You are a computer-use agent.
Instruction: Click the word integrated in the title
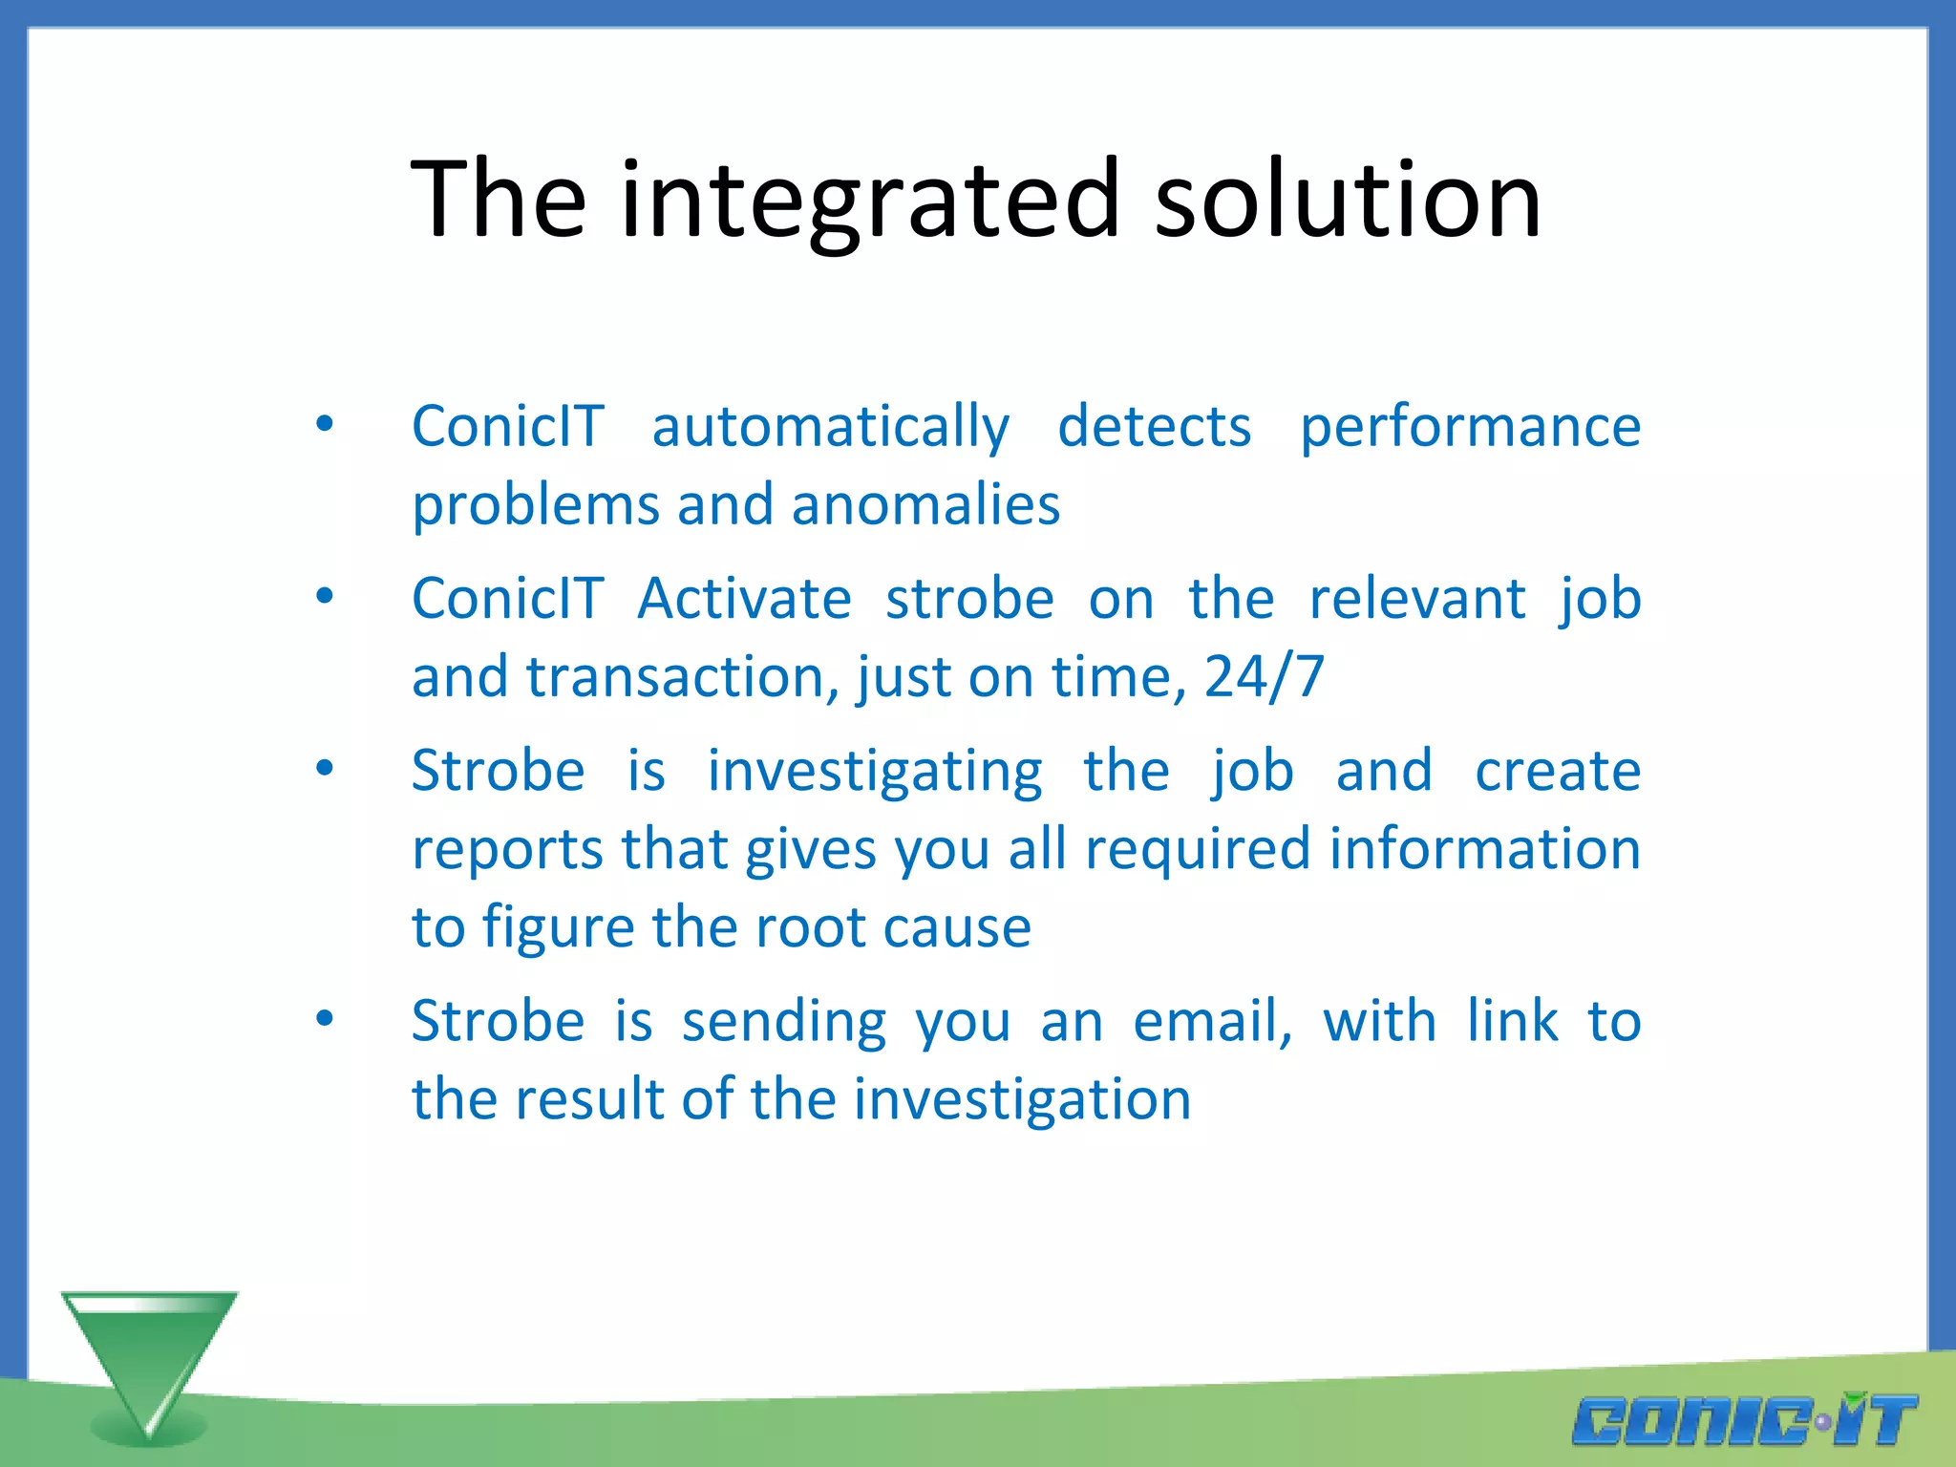tap(869, 201)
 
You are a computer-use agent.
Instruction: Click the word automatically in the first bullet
tap(830, 427)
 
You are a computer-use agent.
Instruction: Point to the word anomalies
tap(925, 505)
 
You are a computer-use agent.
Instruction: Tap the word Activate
tap(744, 600)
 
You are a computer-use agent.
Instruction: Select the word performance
tap(1470, 427)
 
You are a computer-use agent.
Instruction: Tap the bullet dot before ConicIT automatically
tap(325, 424)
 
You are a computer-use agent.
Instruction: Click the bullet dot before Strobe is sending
tap(325, 1019)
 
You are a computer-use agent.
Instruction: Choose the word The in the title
tap(498, 201)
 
